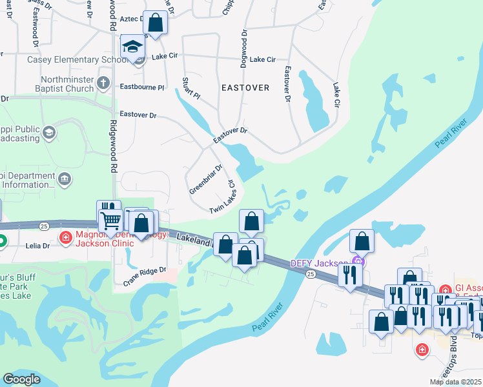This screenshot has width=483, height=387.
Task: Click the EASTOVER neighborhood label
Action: click(x=245, y=87)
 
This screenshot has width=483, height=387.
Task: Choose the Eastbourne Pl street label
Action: click(x=142, y=86)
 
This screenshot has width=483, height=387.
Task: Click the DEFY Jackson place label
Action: click(x=320, y=263)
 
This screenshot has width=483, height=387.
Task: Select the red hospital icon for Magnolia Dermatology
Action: click(x=65, y=238)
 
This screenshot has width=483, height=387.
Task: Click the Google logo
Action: click(x=22, y=379)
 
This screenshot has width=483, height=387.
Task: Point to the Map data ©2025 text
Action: click(x=455, y=382)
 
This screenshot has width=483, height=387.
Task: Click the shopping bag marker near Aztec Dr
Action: click(x=155, y=23)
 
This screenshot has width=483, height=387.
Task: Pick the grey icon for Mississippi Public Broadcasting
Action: click(x=48, y=133)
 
